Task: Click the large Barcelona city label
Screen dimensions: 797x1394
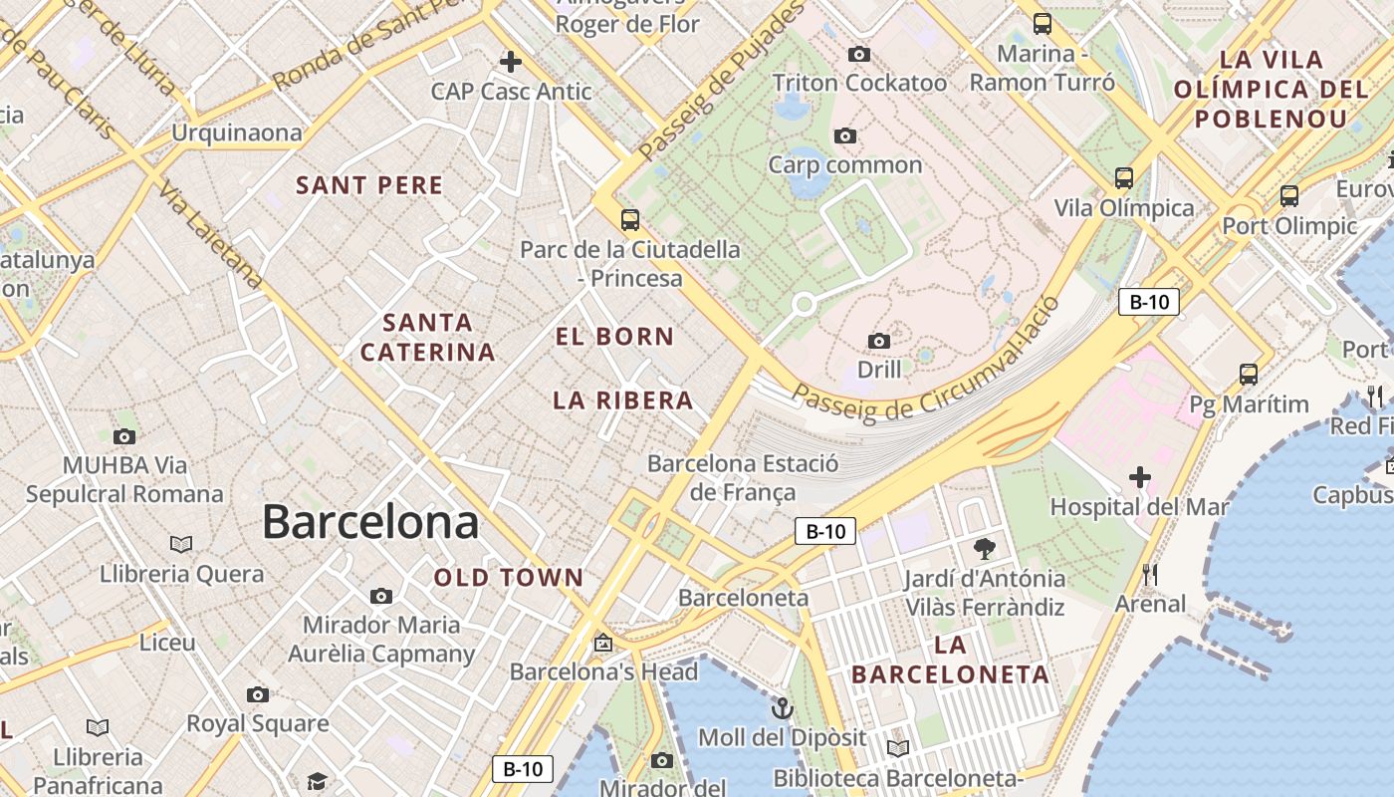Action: point(369,522)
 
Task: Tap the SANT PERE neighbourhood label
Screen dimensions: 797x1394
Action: point(369,185)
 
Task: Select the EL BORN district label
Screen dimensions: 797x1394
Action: point(614,337)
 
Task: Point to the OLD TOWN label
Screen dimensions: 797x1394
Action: point(509,577)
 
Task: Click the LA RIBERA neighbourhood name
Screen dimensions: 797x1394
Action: point(622,400)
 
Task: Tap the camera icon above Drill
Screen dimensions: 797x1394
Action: point(878,342)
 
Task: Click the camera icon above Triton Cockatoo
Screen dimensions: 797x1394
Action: point(858,54)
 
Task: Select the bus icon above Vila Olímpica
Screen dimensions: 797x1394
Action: point(1124,178)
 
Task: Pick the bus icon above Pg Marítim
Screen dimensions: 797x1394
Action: point(1249,375)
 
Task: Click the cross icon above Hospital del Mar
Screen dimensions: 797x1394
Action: point(1140,478)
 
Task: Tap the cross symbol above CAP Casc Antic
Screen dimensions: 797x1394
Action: point(511,62)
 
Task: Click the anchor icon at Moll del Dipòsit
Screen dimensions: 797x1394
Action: point(783,708)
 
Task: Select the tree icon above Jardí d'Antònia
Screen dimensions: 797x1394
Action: point(985,548)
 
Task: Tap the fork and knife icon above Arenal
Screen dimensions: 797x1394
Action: point(1150,574)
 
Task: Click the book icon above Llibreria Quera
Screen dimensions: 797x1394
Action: point(180,544)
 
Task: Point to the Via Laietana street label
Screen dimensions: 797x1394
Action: point(210,235)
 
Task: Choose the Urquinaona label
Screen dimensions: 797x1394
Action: point(237,133)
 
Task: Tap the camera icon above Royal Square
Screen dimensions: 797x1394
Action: point(258,694)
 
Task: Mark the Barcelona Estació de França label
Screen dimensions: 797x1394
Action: point(743,477)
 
